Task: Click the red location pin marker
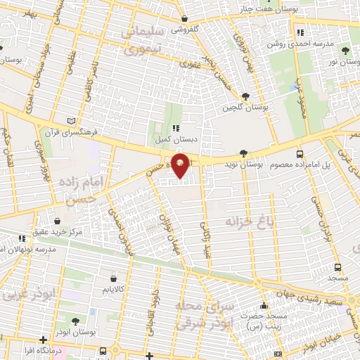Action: pyautogui.click(x=181, y=166)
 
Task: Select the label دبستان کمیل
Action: pyautogui.click(x=175, y=139)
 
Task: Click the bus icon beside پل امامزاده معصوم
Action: pyautogui.click(x=300, y=153)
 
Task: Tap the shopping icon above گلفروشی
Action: pyautogui.click(x=184, y=19)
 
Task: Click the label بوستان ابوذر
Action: pyautogui.click(x=77, y=331)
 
